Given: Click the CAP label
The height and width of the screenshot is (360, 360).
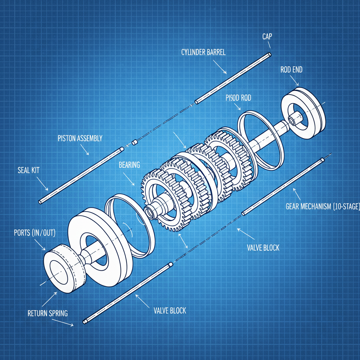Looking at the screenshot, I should click(x=268, y=37).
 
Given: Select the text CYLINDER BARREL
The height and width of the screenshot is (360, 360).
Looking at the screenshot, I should click(x=203, y=52).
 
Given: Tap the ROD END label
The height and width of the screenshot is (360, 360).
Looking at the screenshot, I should click(x=291, y=70).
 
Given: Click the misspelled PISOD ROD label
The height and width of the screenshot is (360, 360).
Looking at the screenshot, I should click(x=238, y=98).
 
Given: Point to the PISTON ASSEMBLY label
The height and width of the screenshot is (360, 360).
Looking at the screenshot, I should click(x=80, y=138).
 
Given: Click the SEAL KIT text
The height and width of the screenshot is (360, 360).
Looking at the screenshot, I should click(x=28, y=170).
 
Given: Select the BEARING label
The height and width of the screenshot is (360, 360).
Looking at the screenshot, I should click(x=129, y=165).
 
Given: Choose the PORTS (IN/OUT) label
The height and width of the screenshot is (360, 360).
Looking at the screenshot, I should click(x=34, y=233).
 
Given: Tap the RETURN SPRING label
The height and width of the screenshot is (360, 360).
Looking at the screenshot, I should click(x=47, y=313).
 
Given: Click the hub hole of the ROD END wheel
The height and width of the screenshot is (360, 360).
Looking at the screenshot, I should click(x=292, y=120).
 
